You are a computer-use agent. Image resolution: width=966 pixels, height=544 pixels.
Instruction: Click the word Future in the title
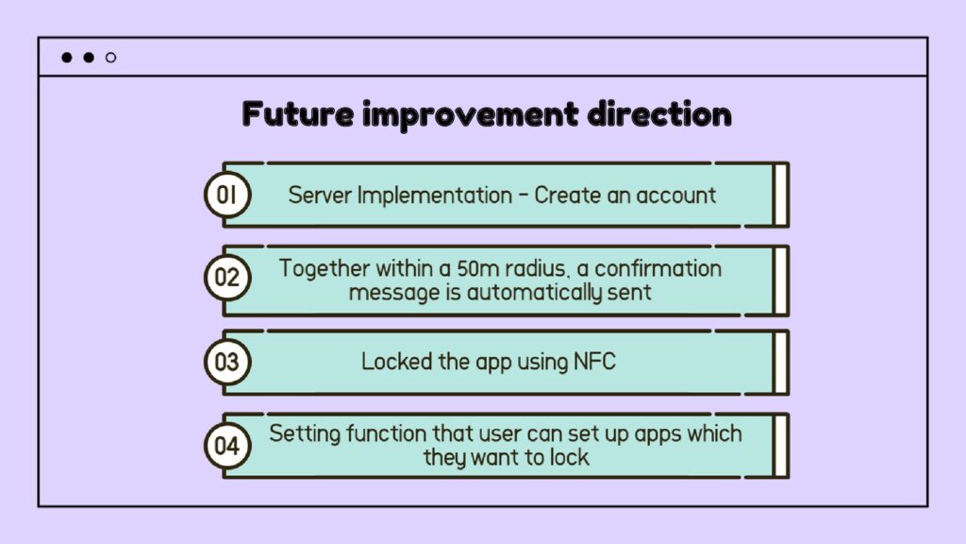point(297,113)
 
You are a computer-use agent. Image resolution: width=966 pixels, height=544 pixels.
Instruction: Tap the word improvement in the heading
point(471,114)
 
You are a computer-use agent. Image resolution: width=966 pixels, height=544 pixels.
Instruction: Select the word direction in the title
point(659,113)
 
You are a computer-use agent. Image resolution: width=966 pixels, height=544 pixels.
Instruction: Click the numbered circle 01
point(227,195)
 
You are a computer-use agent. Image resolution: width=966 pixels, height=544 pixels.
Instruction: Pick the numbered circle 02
point(227,278)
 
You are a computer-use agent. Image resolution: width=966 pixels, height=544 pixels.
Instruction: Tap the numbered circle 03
point(227,362)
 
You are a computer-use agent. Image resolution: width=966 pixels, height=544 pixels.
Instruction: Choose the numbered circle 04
point(227,446)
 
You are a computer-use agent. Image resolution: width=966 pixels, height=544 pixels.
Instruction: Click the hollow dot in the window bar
point(111,58)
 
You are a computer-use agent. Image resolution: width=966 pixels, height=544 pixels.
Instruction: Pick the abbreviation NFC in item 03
point(594,362)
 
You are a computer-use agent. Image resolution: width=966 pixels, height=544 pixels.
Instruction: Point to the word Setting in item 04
point(305,434)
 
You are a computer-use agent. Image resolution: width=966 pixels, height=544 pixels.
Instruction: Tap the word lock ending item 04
point(569,458)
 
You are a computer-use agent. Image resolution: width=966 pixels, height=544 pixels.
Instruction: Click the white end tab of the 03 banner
point(780,363)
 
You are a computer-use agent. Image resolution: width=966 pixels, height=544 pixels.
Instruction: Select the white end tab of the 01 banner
point(780,195)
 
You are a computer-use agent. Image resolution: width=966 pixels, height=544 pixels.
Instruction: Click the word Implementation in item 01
point(435,196)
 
